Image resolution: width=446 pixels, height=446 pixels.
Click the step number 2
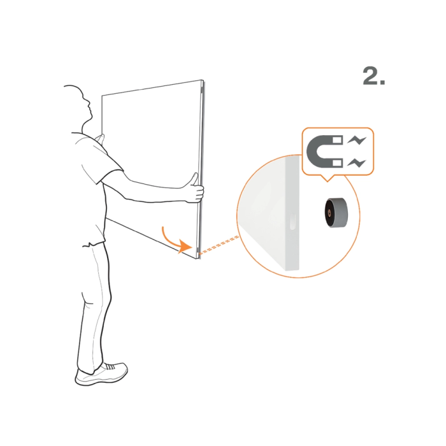[x=373, y=76]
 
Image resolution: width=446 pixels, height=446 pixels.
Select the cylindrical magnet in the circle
[x=336, y=212]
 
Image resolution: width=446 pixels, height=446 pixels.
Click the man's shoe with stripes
[x=101, y=374]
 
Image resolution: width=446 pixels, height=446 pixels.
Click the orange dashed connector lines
[x=219, y=244]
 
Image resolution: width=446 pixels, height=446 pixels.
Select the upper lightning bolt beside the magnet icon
[x=357, y=141]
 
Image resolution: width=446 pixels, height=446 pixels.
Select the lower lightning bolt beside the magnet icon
[x=357, y=163]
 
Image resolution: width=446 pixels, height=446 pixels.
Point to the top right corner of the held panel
[x=203, y=80]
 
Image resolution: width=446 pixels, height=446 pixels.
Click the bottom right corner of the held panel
[x=198, y=259]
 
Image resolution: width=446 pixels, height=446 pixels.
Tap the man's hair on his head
[x=74, y=88]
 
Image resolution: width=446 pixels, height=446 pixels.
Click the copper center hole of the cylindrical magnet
[x=329, y=212]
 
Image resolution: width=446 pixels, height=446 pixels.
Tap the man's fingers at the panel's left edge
[x=99, y=138]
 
